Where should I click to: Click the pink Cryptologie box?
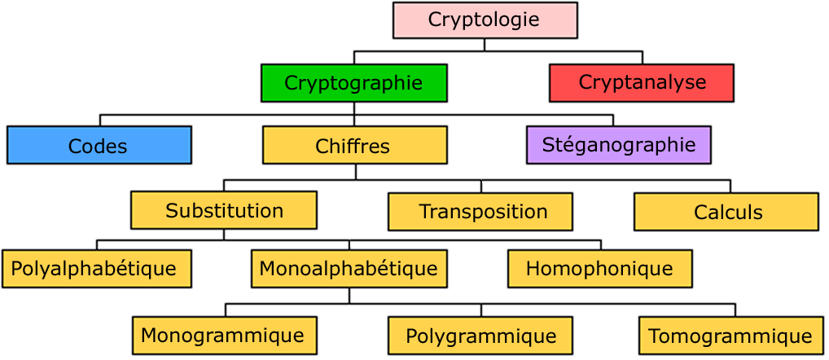click(x=485, y=20)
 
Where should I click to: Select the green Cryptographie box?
click(x=353, y=83)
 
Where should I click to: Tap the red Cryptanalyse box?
click(x=642, y=83)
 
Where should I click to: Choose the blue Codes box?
click(x=99, y=145)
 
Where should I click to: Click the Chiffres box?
click(x=354, y=145)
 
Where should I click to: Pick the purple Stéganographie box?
click(x=619, y=145)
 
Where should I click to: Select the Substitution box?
click(x=224, y=210)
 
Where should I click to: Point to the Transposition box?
click(x=480, y=212)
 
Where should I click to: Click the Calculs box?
click(x=726, y=212)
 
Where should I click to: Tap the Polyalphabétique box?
click(x=96, y=269)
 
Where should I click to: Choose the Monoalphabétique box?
click(x=349, y=269)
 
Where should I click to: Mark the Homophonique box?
click(x=600, y=269)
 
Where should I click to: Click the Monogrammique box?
click(x=224, y=336)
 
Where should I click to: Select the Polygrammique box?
click(x=480, y=336)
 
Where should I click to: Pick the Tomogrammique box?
click(x=731, y=336)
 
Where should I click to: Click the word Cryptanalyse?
click(x=642, y=82)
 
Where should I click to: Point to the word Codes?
click(x=98, y=147)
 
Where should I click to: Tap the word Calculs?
click(x=728, y=213)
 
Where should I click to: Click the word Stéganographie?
click(x=619, y=145)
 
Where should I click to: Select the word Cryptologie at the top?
click(x=484, y=20)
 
